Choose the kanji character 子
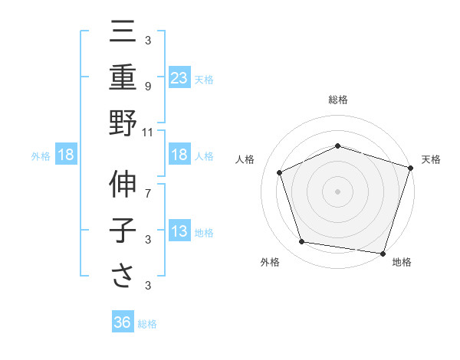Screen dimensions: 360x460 tap(123, 231)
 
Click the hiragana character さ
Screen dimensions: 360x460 tap(123, 277)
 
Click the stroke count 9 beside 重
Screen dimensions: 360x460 tap(147, 86)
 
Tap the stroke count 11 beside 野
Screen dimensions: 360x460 tap(148, 132)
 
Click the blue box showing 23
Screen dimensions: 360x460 tap(179, 77)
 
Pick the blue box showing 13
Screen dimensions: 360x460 tap(179, 231)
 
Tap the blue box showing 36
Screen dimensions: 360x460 tap(123, 322)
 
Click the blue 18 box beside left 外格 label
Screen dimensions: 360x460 tap(66, 155)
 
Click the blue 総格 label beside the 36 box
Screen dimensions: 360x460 tap(147, 324)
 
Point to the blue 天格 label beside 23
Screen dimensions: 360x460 tap(204, 79)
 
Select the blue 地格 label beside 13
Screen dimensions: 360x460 tap(204, 233)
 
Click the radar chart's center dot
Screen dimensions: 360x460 tap(337, 191)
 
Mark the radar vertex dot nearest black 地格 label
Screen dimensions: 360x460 tap(383, 253)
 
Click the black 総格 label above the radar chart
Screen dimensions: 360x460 tap(338, 100)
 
